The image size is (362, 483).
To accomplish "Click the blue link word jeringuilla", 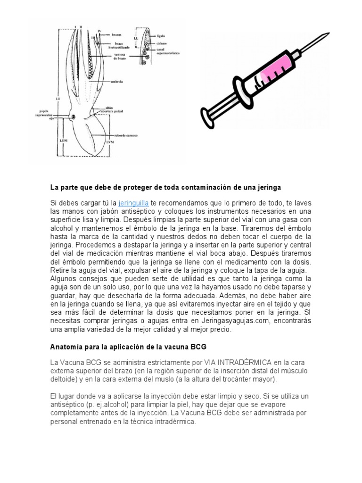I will tap(134, 203).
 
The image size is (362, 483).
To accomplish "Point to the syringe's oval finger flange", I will tap(243, 92).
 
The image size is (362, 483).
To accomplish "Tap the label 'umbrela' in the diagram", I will tap(117, 81).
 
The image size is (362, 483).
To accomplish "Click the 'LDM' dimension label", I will tap(65, 141).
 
